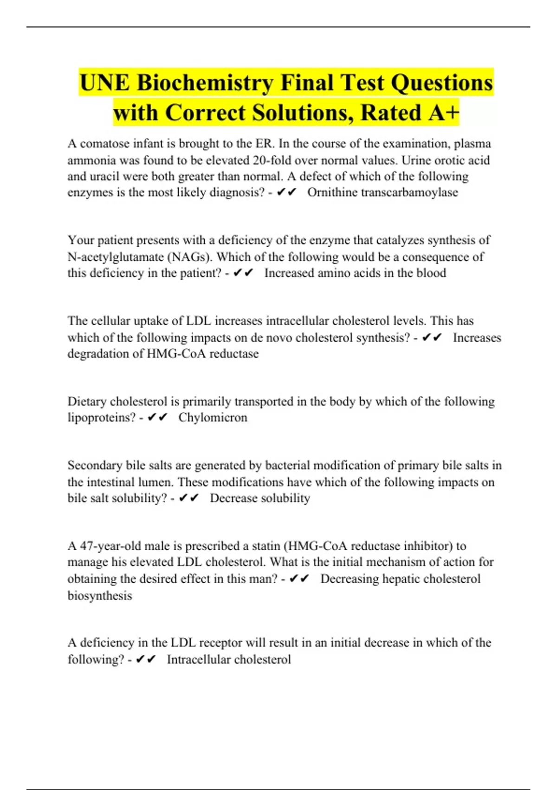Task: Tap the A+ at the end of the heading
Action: pyautogui.click(x=444, y=112)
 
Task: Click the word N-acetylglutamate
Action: pyautogui.click(x=116, y=257)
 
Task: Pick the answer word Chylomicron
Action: pyautogui.click(x=213, y=417)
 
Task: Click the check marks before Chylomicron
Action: pyautogui.click(x=157, y=418)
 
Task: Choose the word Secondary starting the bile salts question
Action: pyautogui.click(x=95, y=465)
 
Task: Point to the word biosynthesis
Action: pyautogui.click(x=100, y=596)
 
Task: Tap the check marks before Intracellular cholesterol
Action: pyautogui.click(x=146, y=659)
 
